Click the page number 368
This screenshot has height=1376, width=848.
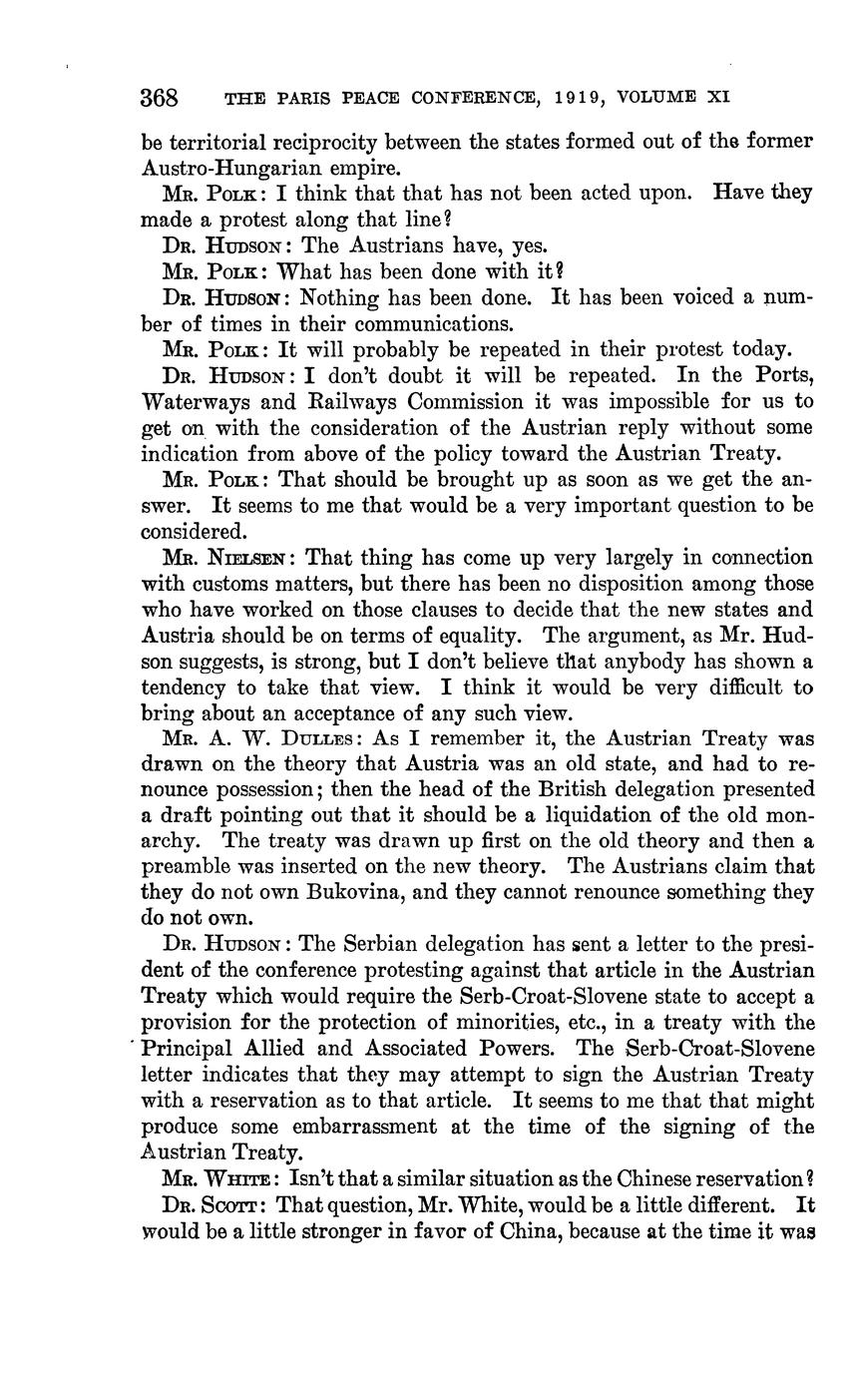pos(159,98)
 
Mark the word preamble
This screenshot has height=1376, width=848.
pos(194,868)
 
